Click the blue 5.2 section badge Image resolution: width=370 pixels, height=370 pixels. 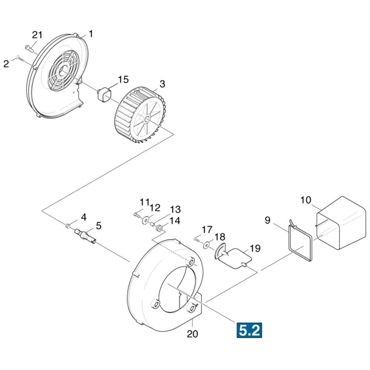pos(249,330)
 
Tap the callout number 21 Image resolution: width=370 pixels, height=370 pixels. pos(37,35)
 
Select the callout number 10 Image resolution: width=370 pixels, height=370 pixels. pos(306,200)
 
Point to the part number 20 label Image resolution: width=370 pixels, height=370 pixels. pos(192,334)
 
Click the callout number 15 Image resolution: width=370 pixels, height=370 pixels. pos(123,80)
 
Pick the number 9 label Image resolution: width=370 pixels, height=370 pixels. pos(268,220)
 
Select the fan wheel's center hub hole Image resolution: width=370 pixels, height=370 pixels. pos(147,120)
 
